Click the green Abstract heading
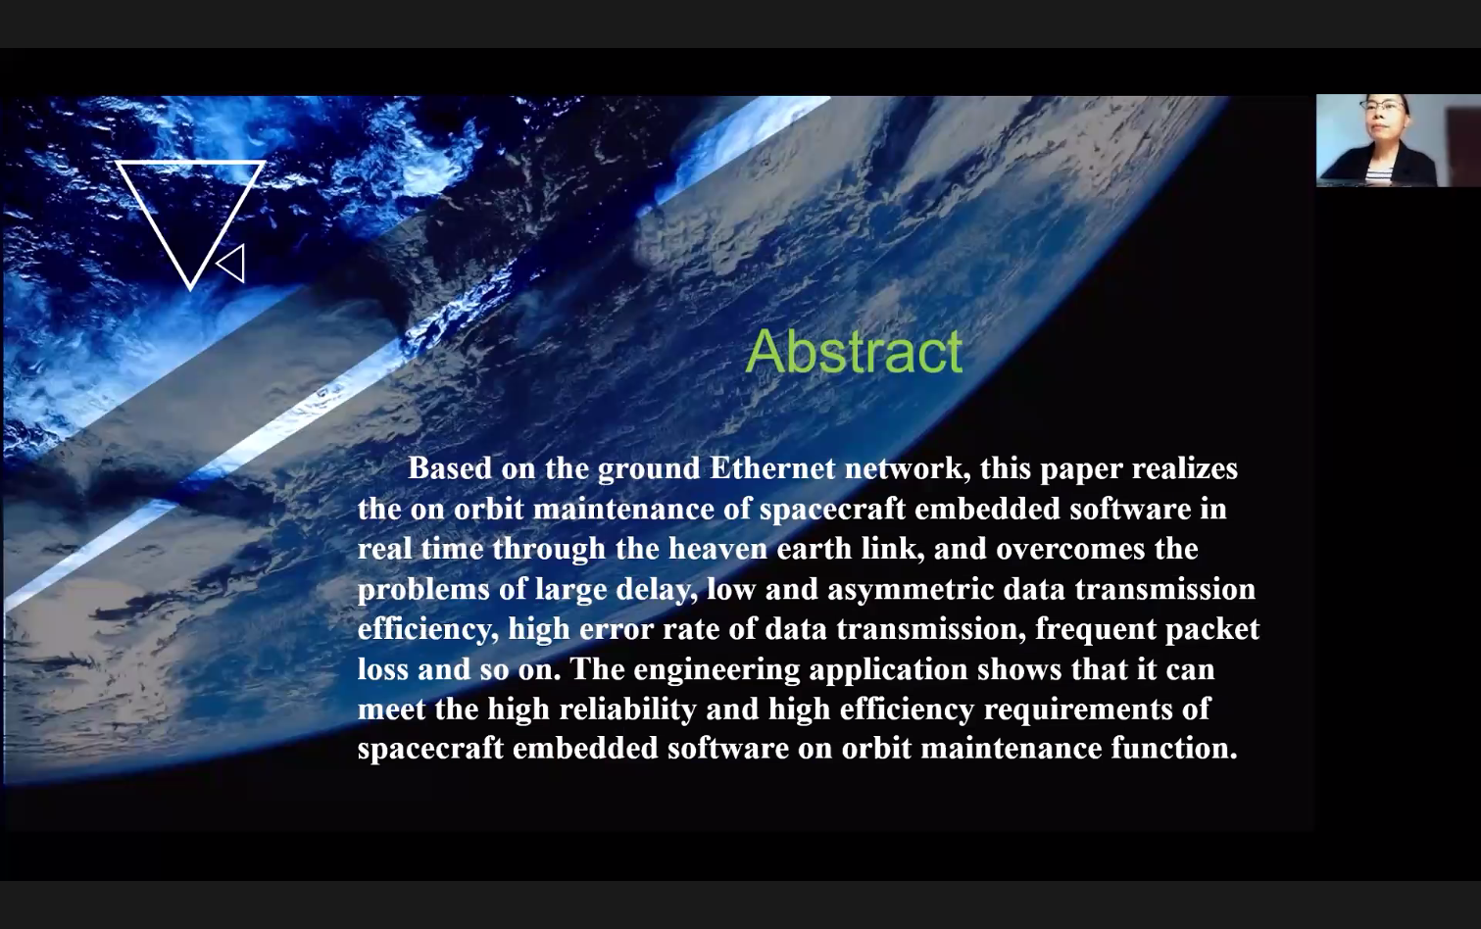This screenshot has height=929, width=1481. point(854,351)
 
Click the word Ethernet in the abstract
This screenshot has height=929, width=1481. point(772,468)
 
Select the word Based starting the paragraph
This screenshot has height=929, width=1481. point(450,468)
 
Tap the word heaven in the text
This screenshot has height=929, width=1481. point(718,549)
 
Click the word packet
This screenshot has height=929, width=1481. point(1212,629)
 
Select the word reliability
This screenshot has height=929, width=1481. point(628,709)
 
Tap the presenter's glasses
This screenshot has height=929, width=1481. point(1381,106)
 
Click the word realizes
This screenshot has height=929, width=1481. point(1185,468)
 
